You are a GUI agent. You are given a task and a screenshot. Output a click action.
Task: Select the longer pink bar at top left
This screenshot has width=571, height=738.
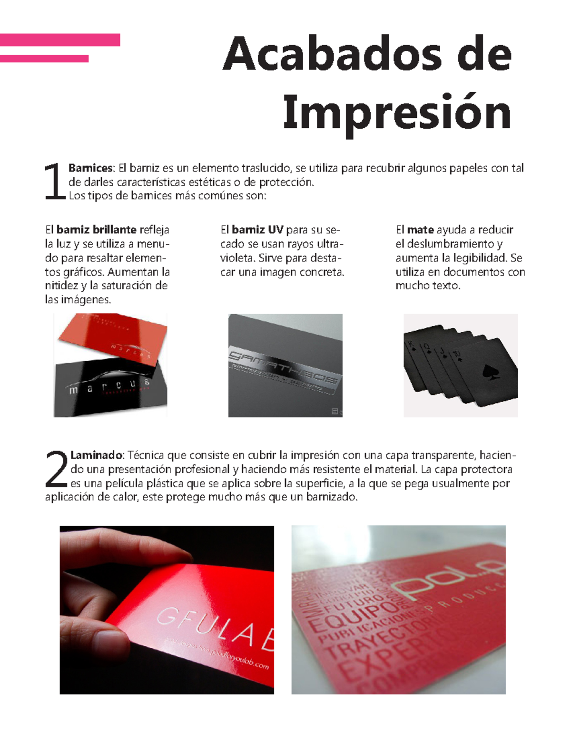coord(60,40)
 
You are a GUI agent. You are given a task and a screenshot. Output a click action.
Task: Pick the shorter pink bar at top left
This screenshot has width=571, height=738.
coord(44,59)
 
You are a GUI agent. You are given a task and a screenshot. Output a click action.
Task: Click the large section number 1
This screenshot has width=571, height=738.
coord(54,182)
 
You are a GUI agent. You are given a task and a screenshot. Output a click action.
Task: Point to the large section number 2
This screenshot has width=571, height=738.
coord(57,470)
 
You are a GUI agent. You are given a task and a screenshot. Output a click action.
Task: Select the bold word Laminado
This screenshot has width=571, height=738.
coord(97,455)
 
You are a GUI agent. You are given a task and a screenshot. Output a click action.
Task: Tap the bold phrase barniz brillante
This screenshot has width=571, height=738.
coord(97,230)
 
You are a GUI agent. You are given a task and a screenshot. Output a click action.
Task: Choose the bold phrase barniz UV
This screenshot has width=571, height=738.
coord(257,230)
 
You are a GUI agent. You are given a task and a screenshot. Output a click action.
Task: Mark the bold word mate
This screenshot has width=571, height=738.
coord(420,230)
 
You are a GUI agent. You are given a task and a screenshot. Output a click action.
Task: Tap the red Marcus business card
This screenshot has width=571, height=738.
coord(114,337)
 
